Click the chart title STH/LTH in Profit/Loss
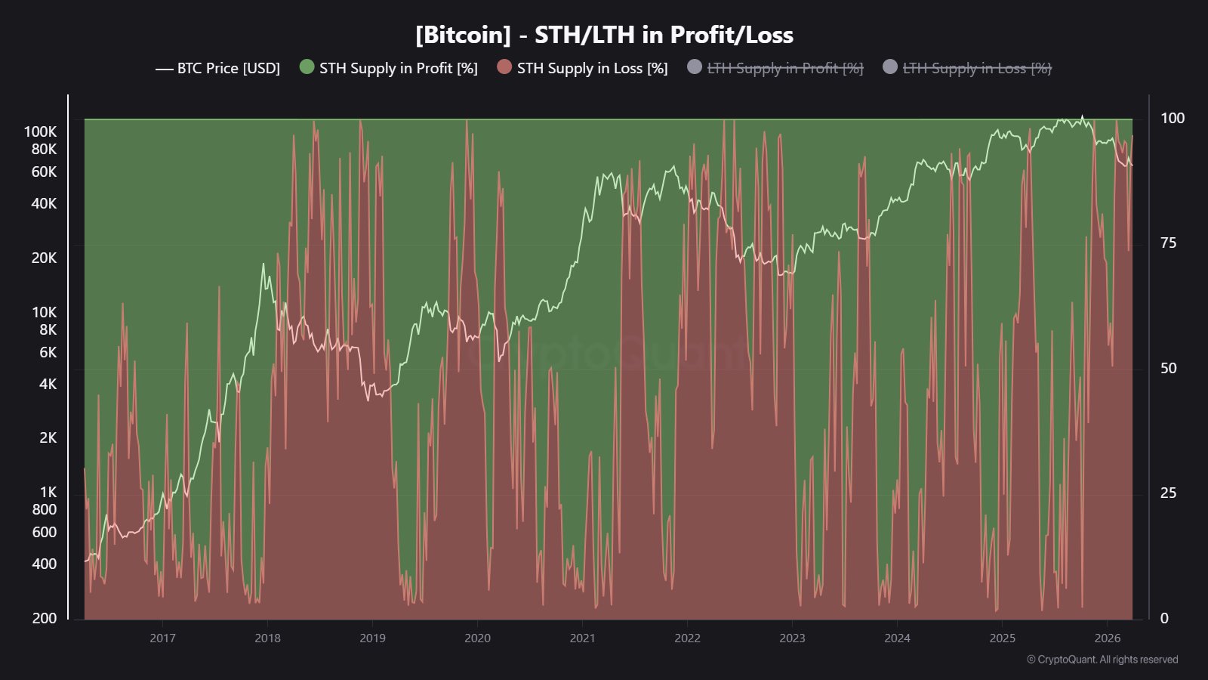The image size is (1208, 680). pyautogui.click(x=604, y=35)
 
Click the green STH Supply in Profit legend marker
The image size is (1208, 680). pyautogui.click(x=307, y=67)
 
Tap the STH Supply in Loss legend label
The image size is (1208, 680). pyautogui.click(x=592, y=68)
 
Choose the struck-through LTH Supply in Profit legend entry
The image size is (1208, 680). pyautogui.click(x=784, y=68)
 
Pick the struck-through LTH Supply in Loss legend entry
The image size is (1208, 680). pyautogui.click(x=976, y=68)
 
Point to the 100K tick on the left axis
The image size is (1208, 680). pyautogui.click(x=40, y=131)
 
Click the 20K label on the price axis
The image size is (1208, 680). pyautogui.click(x=44, y=258)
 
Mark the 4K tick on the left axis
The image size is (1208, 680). pyautogui.click(x=48, y=384)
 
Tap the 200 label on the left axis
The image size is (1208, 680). pyautogui.click(x=45, y=618)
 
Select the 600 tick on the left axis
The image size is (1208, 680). pyautogui.click(x=45, y=532)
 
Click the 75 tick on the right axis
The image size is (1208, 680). pyautogui.click(x=1168, y=243)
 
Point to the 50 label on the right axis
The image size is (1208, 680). pyautogui.click(x=1168, y=368)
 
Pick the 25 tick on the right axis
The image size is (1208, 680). pyautogui.click(x=1168, y=493)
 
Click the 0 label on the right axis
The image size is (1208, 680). pyautogui.click(x=1164, y=618)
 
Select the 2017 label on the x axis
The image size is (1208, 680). pyautogui.click(x=162, y=638)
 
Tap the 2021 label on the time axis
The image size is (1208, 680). pyautogui.click(x=582, y=638)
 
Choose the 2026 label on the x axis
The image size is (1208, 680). pyautogui.click(x=1107, y=638)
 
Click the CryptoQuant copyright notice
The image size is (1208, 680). pyautogui.click(x=1102, y=660)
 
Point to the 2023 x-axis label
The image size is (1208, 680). pyautogui.click(x=792, y=638)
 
